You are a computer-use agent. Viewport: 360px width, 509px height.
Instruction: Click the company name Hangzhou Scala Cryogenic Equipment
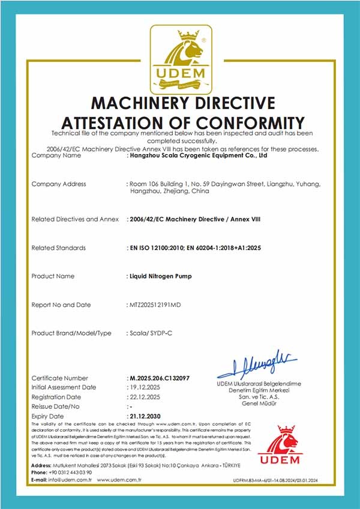[199, 155]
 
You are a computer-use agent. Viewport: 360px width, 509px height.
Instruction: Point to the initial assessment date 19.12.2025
[146, 387]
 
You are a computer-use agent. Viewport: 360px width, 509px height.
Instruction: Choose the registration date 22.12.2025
[146, 397]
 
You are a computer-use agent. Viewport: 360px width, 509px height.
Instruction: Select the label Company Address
[58, 184]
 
